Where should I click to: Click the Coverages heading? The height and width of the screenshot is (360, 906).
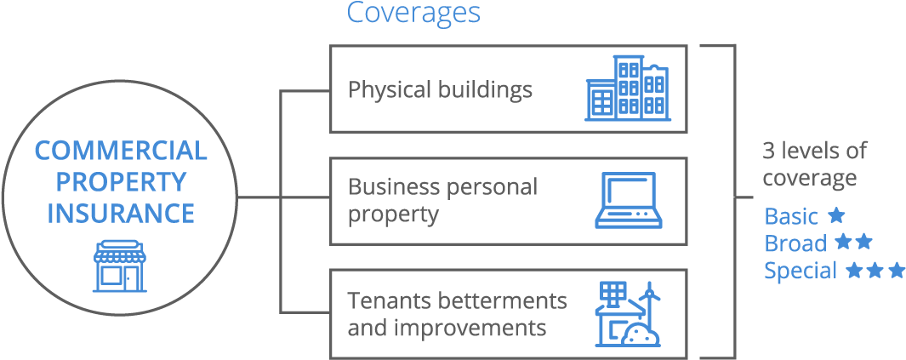click(413, 14)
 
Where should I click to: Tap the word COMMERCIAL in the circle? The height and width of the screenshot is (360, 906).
click(120, 151)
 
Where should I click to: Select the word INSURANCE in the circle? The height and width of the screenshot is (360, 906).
click(120, 213)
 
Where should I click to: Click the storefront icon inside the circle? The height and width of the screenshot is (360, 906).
click(120, 266)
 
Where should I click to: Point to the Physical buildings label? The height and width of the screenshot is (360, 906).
click(440, 89)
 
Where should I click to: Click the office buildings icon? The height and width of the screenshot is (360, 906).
click(628, 89)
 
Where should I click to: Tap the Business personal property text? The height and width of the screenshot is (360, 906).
click(442, 200)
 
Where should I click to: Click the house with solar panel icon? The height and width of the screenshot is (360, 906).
click(621, 315)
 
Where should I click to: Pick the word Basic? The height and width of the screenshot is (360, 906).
click(791, 216)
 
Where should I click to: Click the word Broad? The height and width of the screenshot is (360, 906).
click(795, 243)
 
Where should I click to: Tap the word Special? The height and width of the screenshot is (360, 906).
click(801, 271)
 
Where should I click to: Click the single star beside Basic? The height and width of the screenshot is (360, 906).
click(836, 214)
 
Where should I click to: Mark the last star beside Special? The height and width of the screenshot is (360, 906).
click(896, 270)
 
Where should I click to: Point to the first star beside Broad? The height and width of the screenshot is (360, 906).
click(842, 242)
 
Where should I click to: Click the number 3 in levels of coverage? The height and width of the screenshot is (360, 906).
click(768, 151)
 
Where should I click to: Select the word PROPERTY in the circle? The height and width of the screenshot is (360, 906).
click(120, 181)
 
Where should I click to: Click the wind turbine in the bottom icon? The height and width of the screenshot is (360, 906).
click(649, 298)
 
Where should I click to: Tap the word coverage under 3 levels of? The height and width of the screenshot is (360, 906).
click(808, 179)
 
